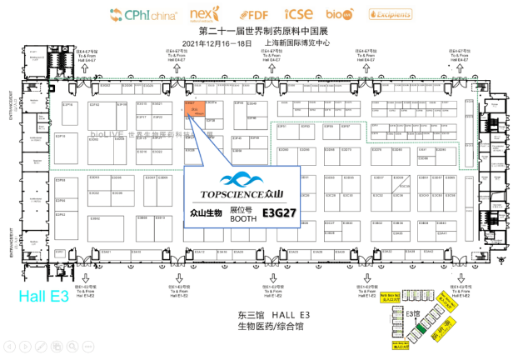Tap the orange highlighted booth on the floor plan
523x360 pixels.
[193, 109]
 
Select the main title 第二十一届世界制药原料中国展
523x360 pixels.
[261, 31]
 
